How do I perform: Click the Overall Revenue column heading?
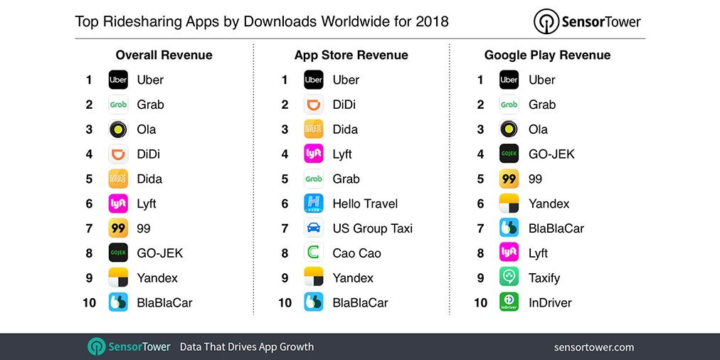(164, 55)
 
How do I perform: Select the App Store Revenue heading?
(351, 55)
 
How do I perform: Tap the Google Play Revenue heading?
(547, 55)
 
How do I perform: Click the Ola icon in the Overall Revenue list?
(118, 129)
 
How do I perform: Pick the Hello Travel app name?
(365, 203)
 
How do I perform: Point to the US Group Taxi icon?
(314, 228)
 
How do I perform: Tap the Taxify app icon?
(509, 277)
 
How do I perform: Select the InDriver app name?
(550, 302)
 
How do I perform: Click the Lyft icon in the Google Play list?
(509, 253)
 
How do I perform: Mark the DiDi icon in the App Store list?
(314, 105)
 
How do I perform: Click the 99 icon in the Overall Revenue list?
(118, 228)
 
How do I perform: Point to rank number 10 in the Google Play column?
(481, 302)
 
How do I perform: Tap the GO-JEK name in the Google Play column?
(551, 154)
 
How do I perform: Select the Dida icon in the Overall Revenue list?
(118, 179)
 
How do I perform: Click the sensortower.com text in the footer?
(593, 347)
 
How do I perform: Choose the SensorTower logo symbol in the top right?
(546, 22)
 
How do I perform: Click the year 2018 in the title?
(433, 21)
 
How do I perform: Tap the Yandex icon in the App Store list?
(314, 277)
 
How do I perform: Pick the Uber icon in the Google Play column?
(509, 80)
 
